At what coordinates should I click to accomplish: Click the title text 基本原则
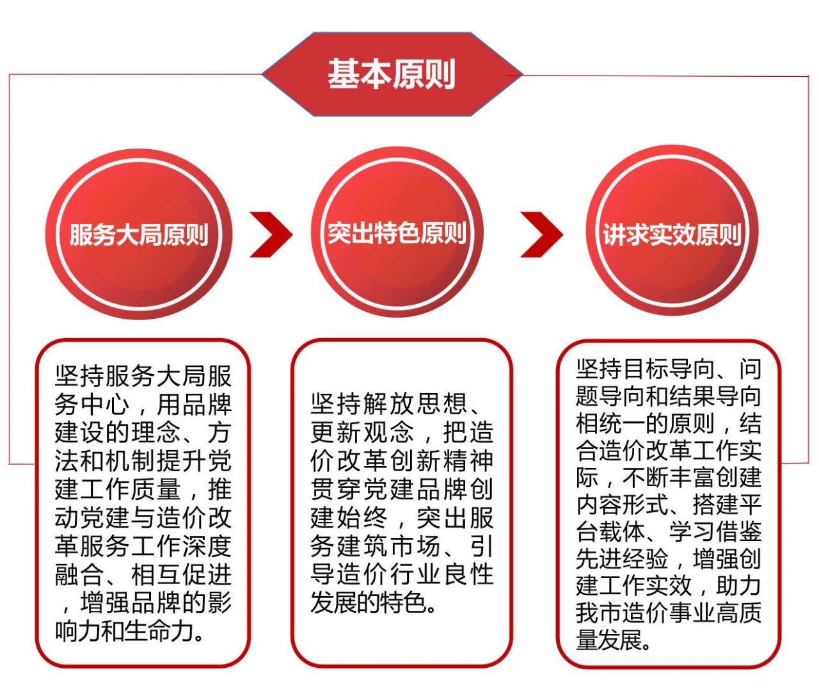pos(392,74)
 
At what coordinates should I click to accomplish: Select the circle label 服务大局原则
pos(139,235)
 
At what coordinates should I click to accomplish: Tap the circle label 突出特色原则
pos(397,233)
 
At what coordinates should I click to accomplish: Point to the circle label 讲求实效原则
pos(672,235)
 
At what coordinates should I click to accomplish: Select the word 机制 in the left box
pos(129,460)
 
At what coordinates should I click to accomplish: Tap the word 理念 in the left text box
pos(155,432)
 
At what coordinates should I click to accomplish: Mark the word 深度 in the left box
pos(207,546)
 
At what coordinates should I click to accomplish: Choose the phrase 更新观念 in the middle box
pos(362,432)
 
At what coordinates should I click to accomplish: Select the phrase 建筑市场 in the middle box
pos(388,546)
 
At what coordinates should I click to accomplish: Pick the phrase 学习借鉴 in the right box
pos(715,531)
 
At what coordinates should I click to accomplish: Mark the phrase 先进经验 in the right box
pos(622,558)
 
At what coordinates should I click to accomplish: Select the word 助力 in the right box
pos(738,585)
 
